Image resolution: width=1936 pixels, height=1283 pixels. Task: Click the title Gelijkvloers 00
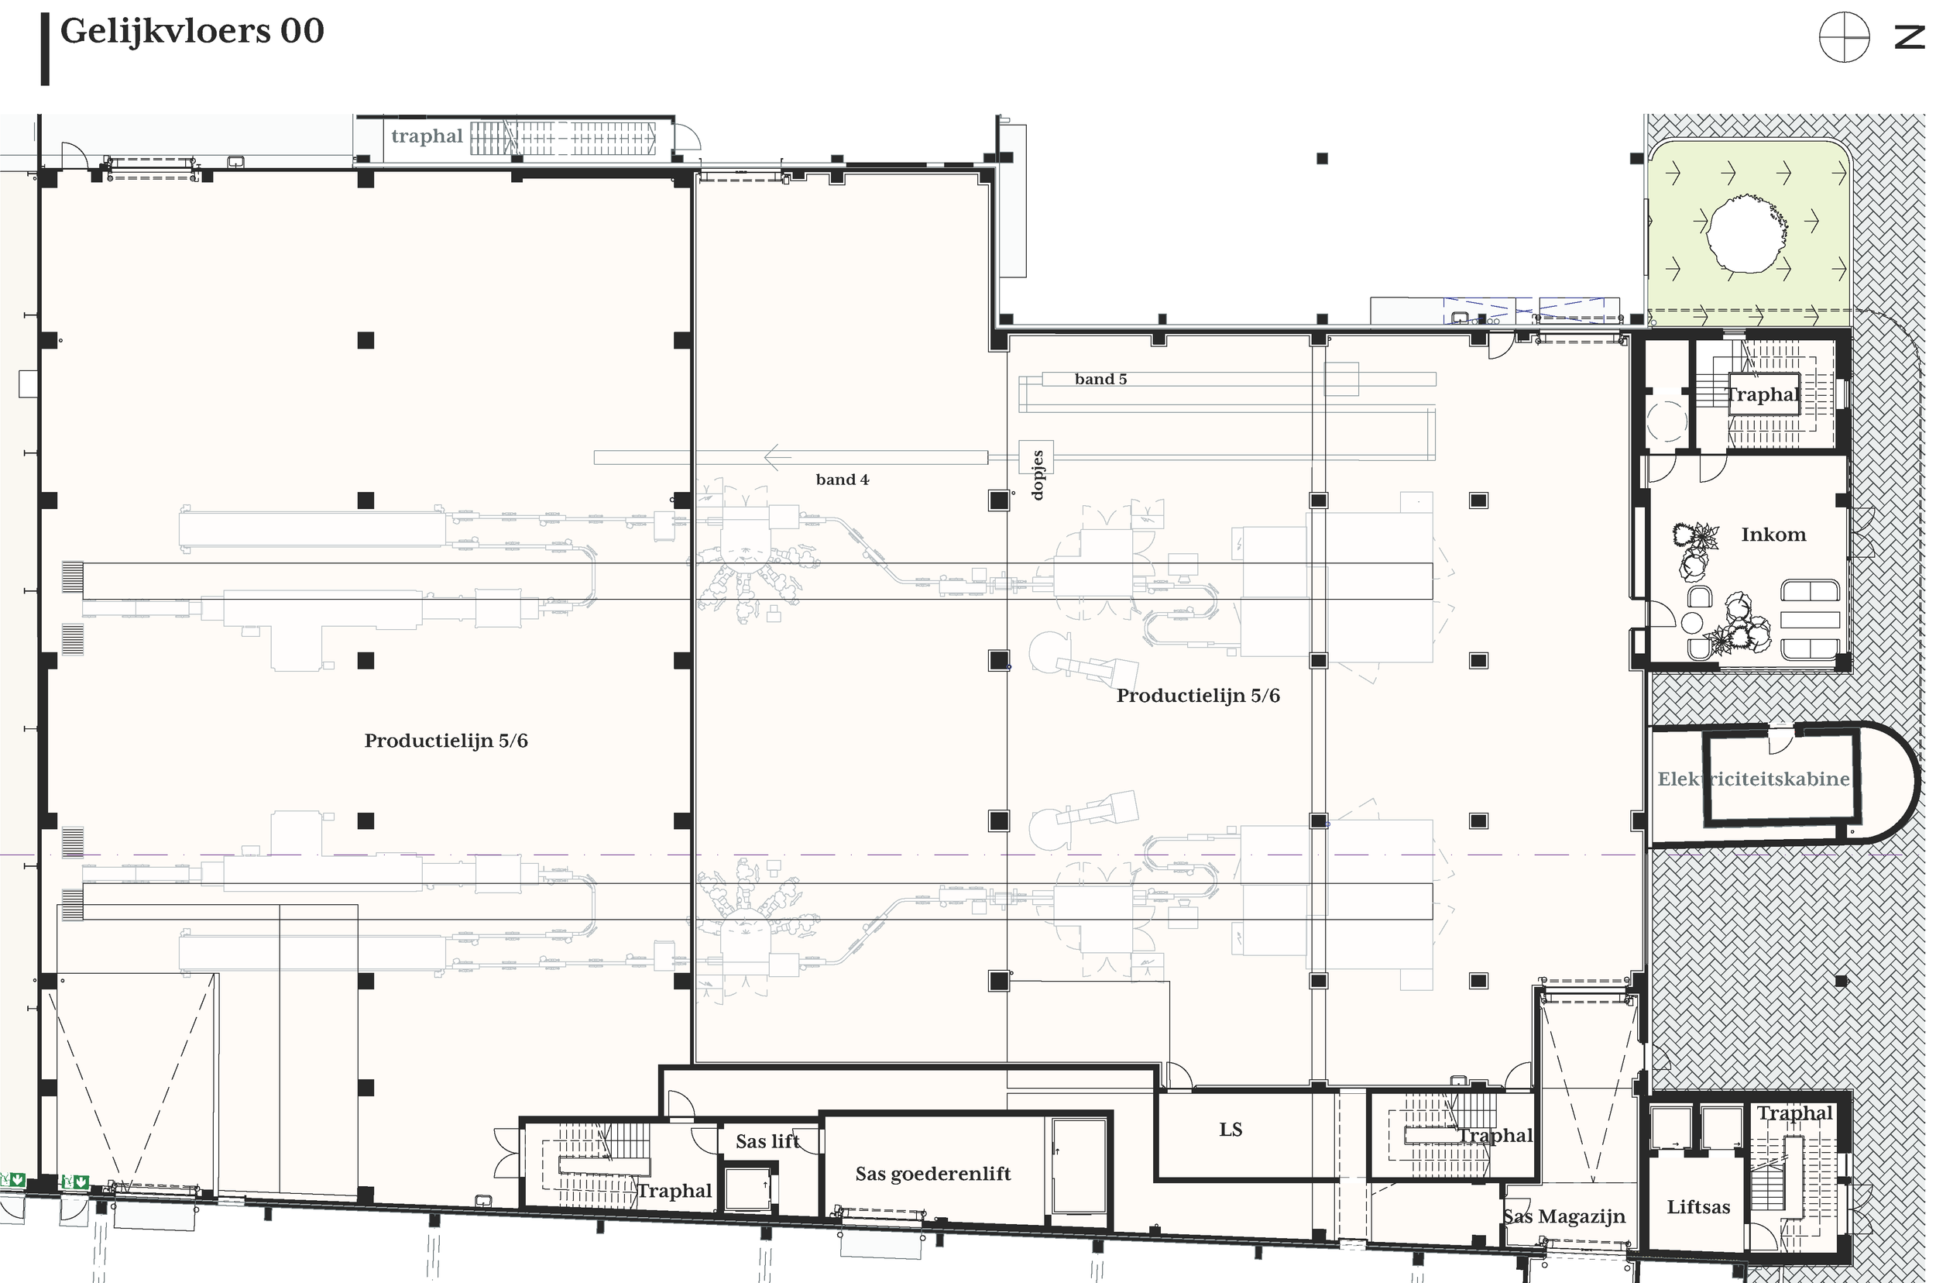(192, 31)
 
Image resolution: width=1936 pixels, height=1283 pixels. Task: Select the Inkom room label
(1773, 535)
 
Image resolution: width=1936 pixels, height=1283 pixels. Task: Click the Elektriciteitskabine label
(1752, 779)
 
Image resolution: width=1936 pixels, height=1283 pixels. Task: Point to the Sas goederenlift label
(932, 1173)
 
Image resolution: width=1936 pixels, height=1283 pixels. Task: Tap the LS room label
(1231, 1129)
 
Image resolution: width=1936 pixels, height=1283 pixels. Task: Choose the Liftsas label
(1698, 1207)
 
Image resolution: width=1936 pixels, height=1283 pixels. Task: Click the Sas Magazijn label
(1564, 1216)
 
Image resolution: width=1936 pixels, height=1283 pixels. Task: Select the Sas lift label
(767, 1140)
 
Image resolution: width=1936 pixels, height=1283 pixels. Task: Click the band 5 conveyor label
(1100, 379)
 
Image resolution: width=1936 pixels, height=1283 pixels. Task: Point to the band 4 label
(842, 480)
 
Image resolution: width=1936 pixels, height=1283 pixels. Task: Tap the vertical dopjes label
(1037, 475)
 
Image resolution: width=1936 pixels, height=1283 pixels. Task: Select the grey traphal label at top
(426, 136)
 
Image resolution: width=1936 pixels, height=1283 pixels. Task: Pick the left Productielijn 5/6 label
(446, 741)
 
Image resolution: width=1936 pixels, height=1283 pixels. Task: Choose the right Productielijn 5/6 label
(1198, 696)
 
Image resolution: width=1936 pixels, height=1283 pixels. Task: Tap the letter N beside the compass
(1910, 38)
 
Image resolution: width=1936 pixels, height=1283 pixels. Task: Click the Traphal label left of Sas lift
(674, 1191)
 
